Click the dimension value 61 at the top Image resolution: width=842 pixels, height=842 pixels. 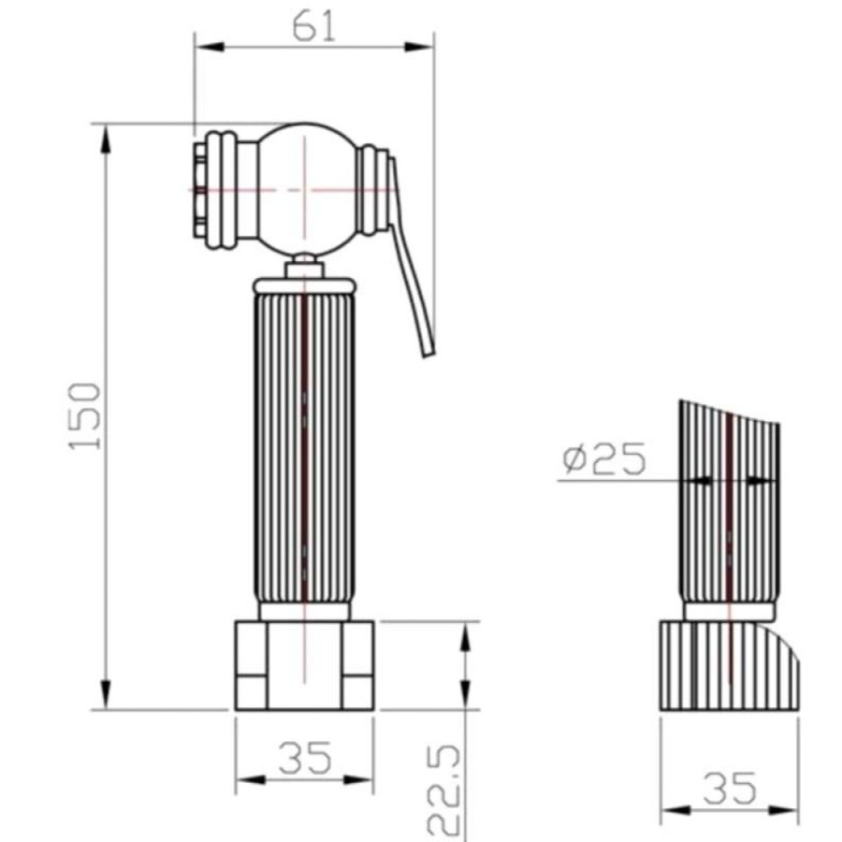click(x=314, y=27)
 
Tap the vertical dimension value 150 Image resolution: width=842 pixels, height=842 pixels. click(x=85, y=416)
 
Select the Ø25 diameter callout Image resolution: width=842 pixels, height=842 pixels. click(x=603, y=459)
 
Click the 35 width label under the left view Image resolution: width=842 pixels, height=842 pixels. click(x=305, y=758)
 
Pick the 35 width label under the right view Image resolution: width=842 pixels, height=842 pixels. click(x=730, y=789)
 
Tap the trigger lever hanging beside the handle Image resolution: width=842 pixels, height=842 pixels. click(x=411, y=258)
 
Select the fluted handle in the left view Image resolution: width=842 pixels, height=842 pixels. click(x=304, y=448)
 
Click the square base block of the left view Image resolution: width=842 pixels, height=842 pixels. click(x=304, y=665)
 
